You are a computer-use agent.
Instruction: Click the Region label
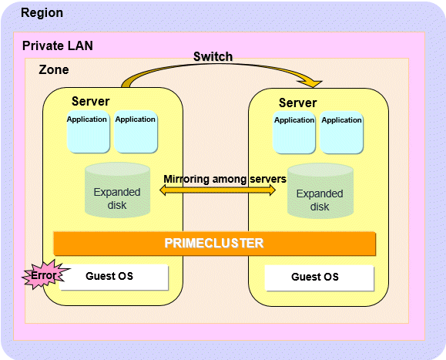42,13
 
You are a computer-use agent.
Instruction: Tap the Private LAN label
58,45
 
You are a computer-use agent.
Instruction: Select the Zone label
54,69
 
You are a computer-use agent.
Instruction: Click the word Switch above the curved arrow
213,56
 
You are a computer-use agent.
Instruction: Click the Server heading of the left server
90,101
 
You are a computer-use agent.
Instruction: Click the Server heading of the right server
297,103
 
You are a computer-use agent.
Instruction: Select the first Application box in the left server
88,132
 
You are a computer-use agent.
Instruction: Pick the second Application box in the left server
136,132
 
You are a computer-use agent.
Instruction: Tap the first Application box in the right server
294,133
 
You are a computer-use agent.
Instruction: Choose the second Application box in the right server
341,133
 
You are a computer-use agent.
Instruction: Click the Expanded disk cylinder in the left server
118,190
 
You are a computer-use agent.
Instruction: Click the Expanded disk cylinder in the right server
320,191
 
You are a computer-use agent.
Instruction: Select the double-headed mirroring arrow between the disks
217,190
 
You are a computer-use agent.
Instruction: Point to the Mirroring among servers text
225,179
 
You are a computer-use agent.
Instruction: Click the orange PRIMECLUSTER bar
214,244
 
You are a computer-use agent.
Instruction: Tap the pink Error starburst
45,274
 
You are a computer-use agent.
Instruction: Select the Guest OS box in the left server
114,277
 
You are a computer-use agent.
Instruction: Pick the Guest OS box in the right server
319,278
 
